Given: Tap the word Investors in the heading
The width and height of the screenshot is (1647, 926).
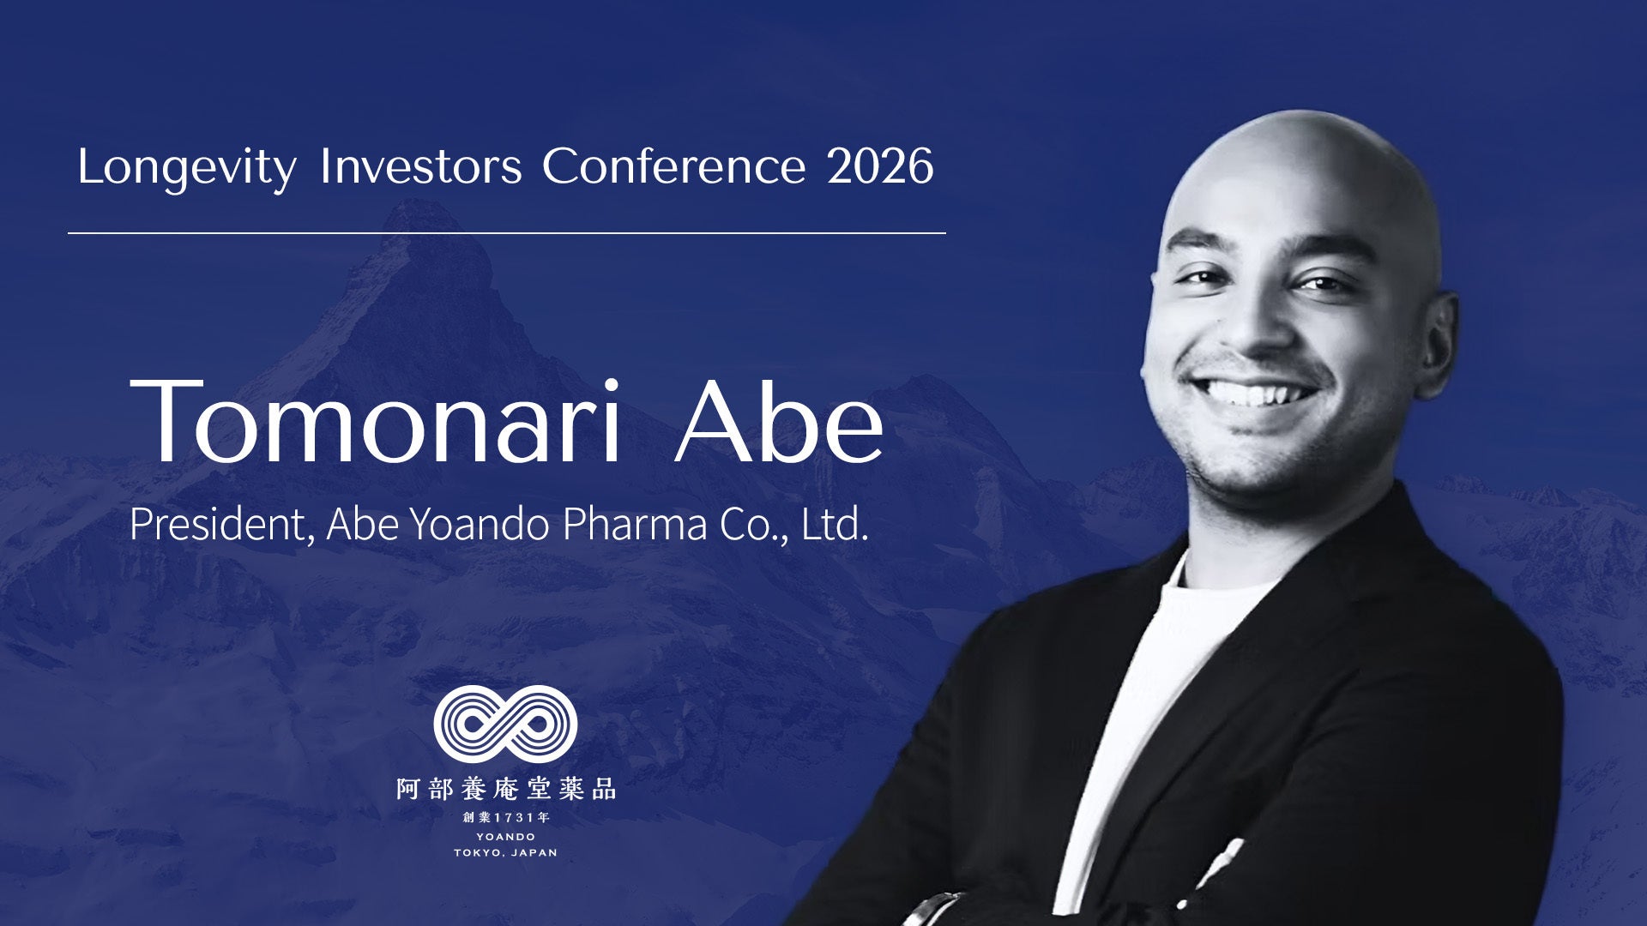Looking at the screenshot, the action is [420, 166].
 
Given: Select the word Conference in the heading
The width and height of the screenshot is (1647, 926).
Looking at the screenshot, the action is [673, 166].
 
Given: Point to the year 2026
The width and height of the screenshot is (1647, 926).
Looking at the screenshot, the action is [880, 166].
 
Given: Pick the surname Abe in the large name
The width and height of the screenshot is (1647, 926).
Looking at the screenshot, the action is [779, 420].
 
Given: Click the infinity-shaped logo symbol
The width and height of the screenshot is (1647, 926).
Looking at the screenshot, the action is [505, 725].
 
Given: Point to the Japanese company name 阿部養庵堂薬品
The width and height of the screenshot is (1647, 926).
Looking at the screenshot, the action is [506, 789].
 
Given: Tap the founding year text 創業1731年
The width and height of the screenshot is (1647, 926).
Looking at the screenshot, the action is [506, 818].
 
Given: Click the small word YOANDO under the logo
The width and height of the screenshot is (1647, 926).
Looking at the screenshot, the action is [506, 837].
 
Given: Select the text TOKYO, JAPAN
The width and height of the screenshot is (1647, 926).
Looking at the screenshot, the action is [506, 853].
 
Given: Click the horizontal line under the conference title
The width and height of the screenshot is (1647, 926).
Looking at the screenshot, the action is [507, 232].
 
